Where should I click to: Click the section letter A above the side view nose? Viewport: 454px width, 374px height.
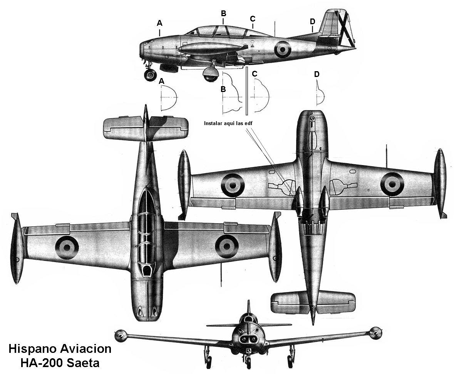[x=159, y=23]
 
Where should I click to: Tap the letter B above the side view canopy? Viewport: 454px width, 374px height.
[x=223, y=13]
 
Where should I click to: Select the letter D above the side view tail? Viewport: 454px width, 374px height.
[x=312, y=22]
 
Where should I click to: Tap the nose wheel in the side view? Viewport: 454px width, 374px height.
[x=150, y=75]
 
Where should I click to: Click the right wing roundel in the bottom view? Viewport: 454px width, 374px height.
[x=392, y=184]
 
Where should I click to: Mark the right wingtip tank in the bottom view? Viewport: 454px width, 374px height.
[x=440, y=184]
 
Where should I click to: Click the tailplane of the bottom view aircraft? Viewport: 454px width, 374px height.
[x=313, y=303]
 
